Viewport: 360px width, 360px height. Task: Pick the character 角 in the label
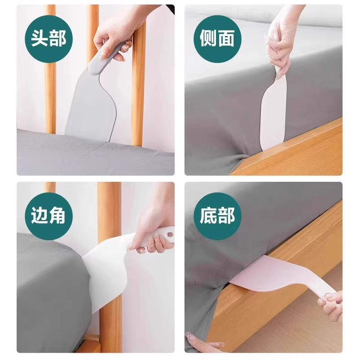coord(57,216)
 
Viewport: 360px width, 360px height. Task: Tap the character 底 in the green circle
coord(208,216)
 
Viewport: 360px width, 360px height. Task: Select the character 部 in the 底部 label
coord(226,216)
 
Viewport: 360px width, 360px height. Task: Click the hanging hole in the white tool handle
coord(169,234)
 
